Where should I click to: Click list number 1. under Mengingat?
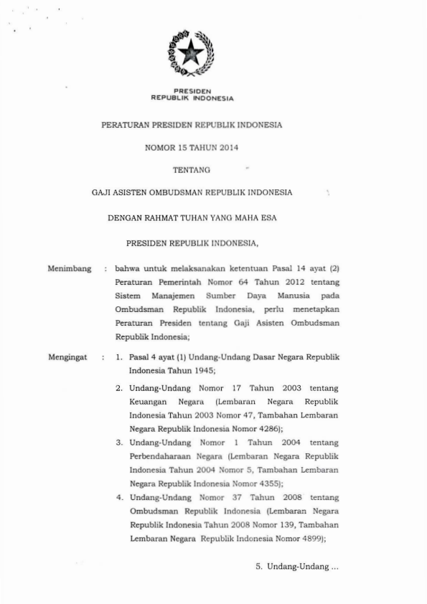pyautogui.click(x=120, y=356)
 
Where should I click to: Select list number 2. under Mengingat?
pyautogui.click(x=120, y=387)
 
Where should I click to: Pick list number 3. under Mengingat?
pyautogui.click(x=120, y=443)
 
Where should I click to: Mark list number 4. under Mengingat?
pyautogui.click(x=120, y=497)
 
